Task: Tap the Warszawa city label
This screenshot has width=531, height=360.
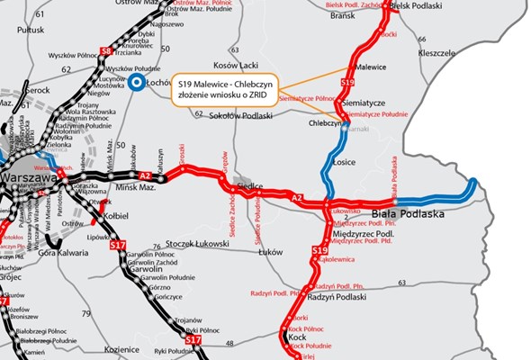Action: coord(30,177)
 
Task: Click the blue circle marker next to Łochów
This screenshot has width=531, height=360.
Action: coord(136,83)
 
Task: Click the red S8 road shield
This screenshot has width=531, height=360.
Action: coord(106,50)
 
